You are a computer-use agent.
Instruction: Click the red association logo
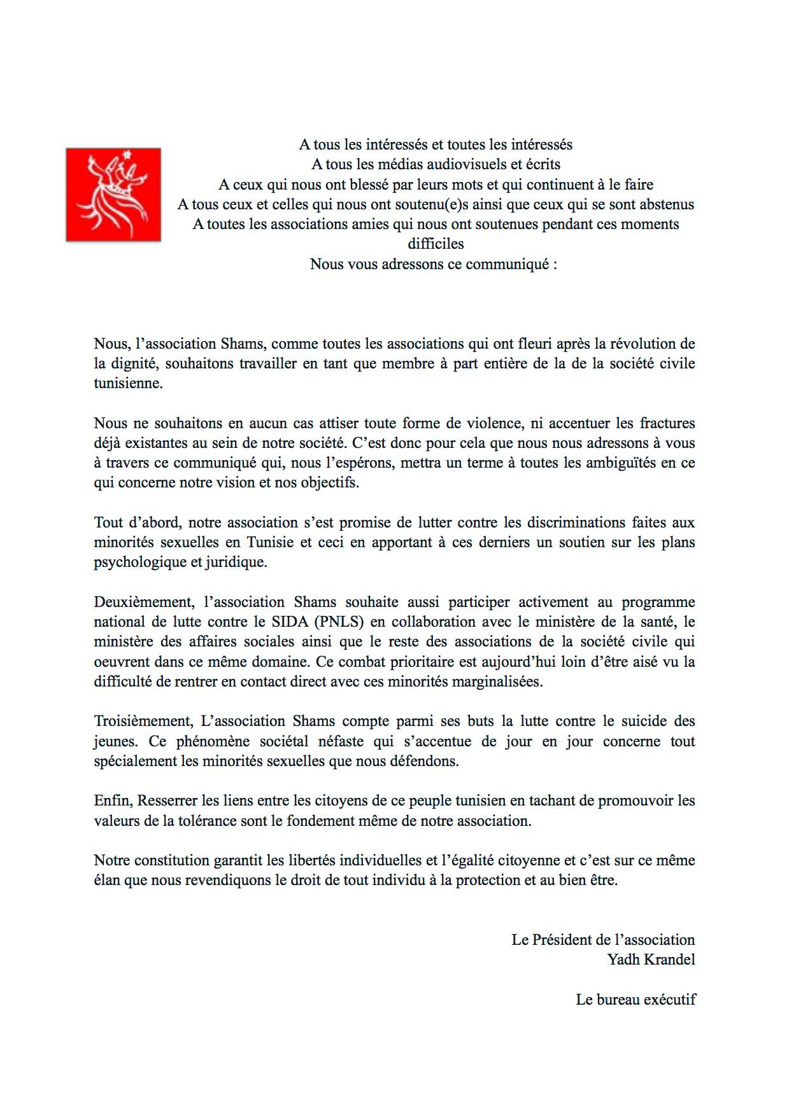(113, 195)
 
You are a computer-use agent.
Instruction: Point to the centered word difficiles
(436, 244)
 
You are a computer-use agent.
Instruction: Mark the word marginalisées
(497, 681)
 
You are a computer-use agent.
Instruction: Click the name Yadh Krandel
(651, 959)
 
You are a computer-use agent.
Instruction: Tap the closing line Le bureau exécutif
(636, 1000)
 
